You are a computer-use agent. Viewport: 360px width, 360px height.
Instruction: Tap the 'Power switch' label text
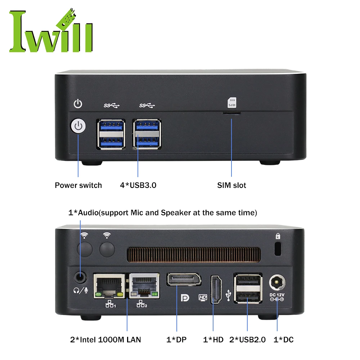pyautogui.click(x=78, y=185)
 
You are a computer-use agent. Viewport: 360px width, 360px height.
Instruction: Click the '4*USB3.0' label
pyautogui.click(x=138, y=185)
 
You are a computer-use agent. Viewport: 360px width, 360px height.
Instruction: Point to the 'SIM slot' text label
pyautogui.click(x=231, y=185)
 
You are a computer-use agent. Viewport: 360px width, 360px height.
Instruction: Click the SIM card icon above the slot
pyautogui.click(x=231, y=103)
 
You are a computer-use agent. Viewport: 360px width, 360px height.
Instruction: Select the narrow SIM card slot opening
pyautogui.click(x=231, y=113)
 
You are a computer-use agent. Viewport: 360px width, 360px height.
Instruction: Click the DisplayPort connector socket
pyautogui.click(x=183, y=280)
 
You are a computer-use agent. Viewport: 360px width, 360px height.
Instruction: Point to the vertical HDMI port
pyautogui.click(x=217, y=290)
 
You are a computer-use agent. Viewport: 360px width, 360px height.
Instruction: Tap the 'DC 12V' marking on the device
pyautogui.click(x=277, y=295)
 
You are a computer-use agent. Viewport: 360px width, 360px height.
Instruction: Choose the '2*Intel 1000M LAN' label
pyautogui.click(x=105, y=339)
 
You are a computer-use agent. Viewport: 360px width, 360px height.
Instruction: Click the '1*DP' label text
pyautogui.click(x=177, y=339)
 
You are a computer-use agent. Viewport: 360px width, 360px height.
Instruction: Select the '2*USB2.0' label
pyautogui.click(x=247, y=339)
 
